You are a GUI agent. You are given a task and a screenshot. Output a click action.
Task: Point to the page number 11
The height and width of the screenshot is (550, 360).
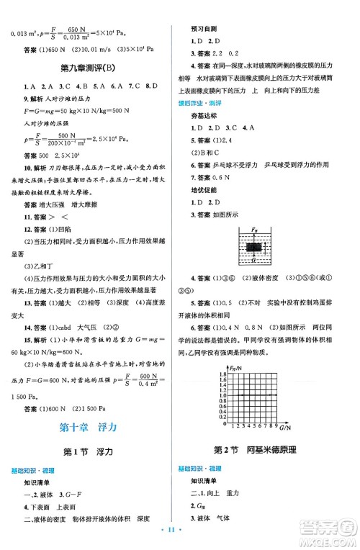tap(180, 538)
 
